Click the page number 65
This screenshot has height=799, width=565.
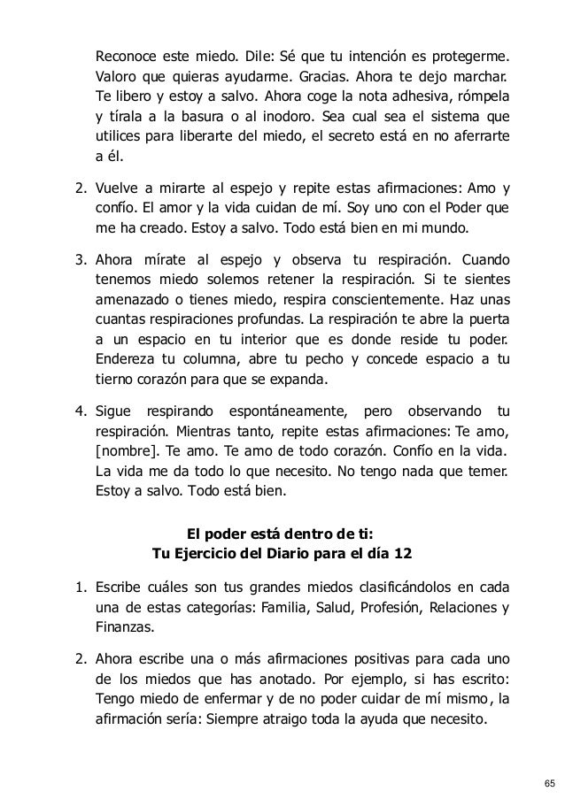click(x=550, y=782)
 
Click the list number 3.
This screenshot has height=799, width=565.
click(x=75, y=260)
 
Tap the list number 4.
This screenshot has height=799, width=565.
click(x=75, y=411)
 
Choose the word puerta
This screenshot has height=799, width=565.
click(x=490, y=322)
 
